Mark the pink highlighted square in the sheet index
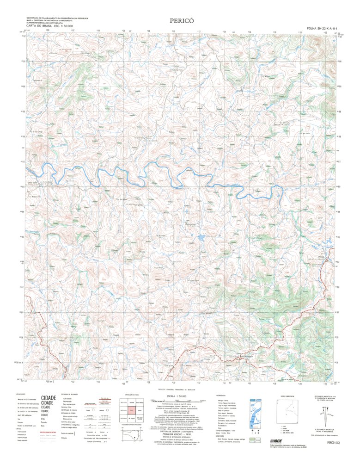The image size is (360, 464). coord(132,410)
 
